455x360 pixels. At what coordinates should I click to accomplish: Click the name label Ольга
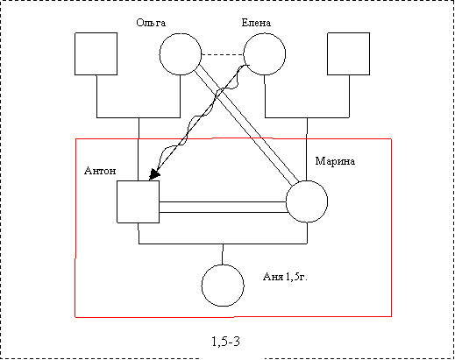click(151, 23)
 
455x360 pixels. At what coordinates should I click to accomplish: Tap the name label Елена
click(256, 23)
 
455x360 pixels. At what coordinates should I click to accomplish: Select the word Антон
click(100, 171)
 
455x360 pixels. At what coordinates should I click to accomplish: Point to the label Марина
click(335, 161)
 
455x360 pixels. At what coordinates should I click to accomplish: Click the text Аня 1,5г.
click(285, 277)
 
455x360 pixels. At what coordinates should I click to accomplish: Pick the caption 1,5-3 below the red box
click(225, 341)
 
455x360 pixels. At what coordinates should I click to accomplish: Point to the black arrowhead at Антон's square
click(155, 175)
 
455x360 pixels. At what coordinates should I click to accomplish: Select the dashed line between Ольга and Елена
click(223, 54)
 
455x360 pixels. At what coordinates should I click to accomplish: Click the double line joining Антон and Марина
click(223, 207)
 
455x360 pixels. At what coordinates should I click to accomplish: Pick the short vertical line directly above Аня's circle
click(223, 254)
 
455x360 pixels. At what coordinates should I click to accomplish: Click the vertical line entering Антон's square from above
click(139, 149)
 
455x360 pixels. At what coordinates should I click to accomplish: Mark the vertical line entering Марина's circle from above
click(307, 149)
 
